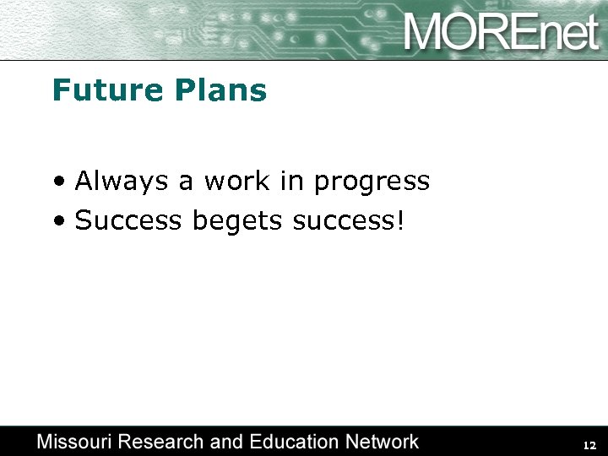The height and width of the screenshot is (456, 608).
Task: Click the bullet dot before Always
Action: [x=57, y=182]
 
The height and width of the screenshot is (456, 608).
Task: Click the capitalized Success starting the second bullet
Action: [x=129, y=220]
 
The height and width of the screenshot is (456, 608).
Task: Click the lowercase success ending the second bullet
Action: [x=343, y=221]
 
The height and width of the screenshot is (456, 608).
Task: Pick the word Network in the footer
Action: [x=384, y=442]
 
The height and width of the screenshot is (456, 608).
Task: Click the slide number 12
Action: [x=589, y=445]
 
